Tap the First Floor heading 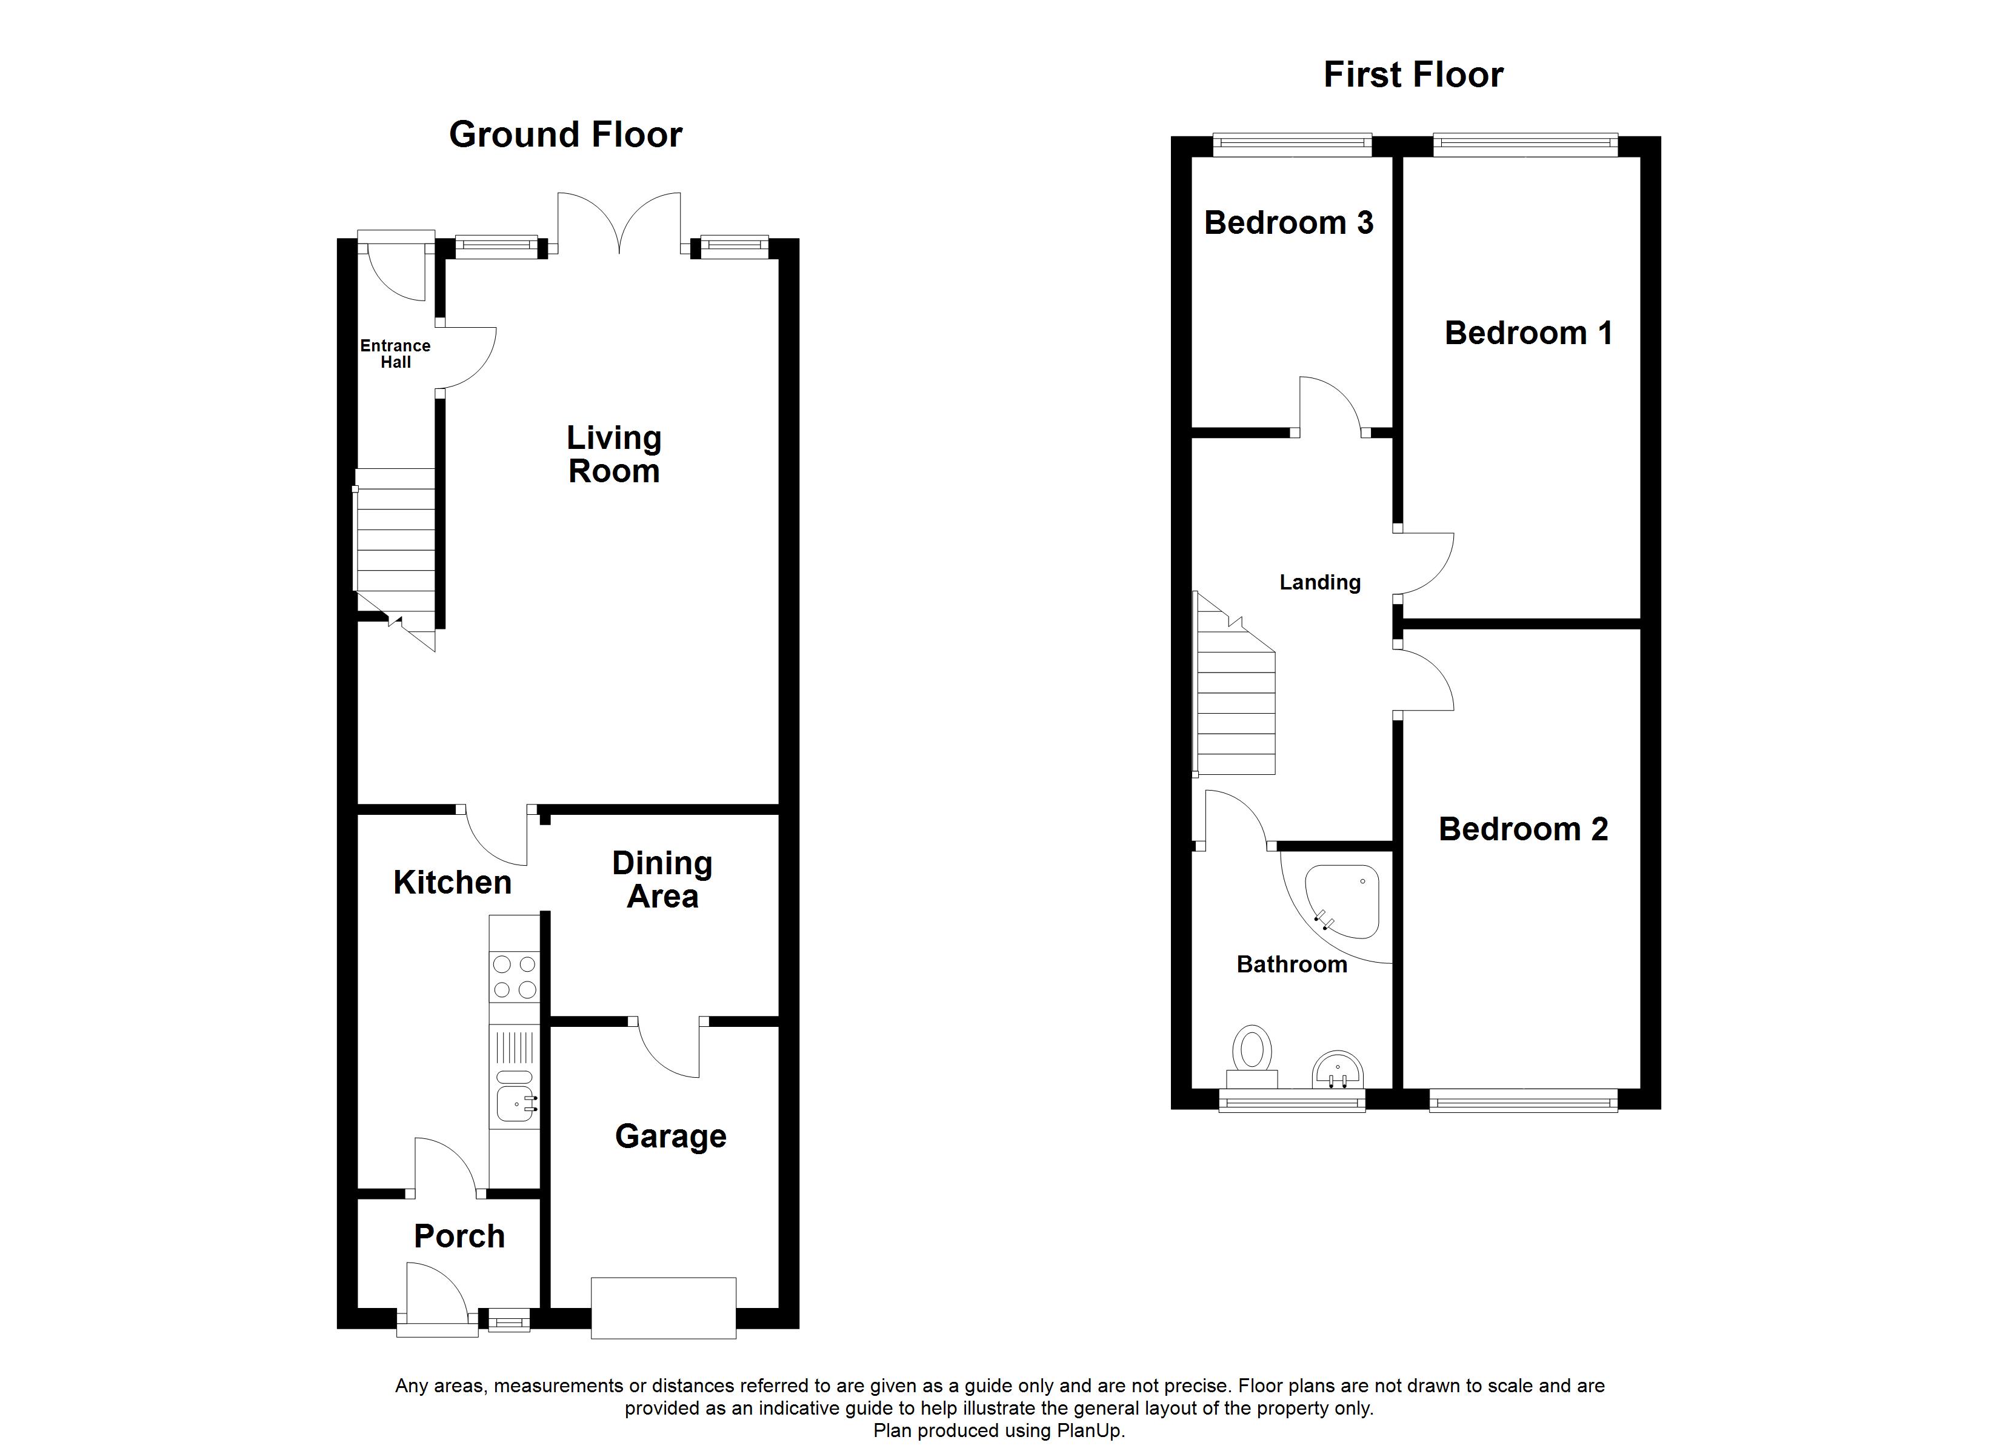(x=1413, y=75)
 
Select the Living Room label (x=614, y=454)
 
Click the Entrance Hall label (x=395, y=354)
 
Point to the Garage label (x=670, y=1137)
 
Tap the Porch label (x=459, y=1237)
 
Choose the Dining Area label (x=662, y=880)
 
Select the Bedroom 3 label (x=1288, y=223)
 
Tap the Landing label (x=1320, y=582)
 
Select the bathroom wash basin (x=1338, y=1071)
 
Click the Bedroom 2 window (x=1523, y=1100)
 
